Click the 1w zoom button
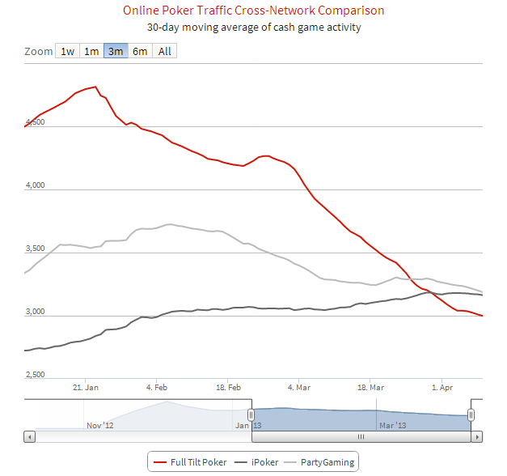click(x=67, y=51)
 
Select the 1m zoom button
click(x=91, y=51)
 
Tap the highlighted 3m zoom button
click(x=116, y=51)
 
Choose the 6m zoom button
click(x=140, y=51)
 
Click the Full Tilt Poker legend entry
click(x=191, y=462)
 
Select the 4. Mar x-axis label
click(x=300, y=388)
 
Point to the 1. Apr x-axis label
click(x=442, y=388)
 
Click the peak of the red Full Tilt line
click(x=95, y=87)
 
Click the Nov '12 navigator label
click(x=99, y=424)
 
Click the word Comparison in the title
click(x=345, y=11)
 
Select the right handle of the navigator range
click(x=471, y=414)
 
